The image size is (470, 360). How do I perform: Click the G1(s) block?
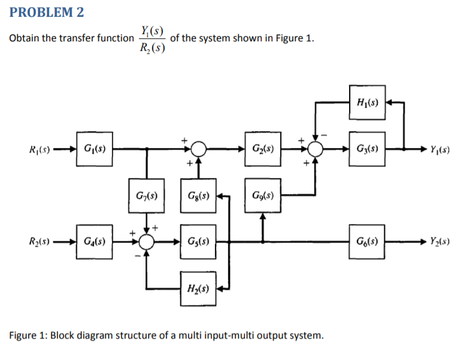(93, 147)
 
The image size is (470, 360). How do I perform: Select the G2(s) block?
(260, 147)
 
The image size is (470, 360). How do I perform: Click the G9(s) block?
(261, 196)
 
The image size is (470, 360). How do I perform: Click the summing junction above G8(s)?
(198, 147)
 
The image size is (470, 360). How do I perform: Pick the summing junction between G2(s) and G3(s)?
(316, 147)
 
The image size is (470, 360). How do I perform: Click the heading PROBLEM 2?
(47, 12)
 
